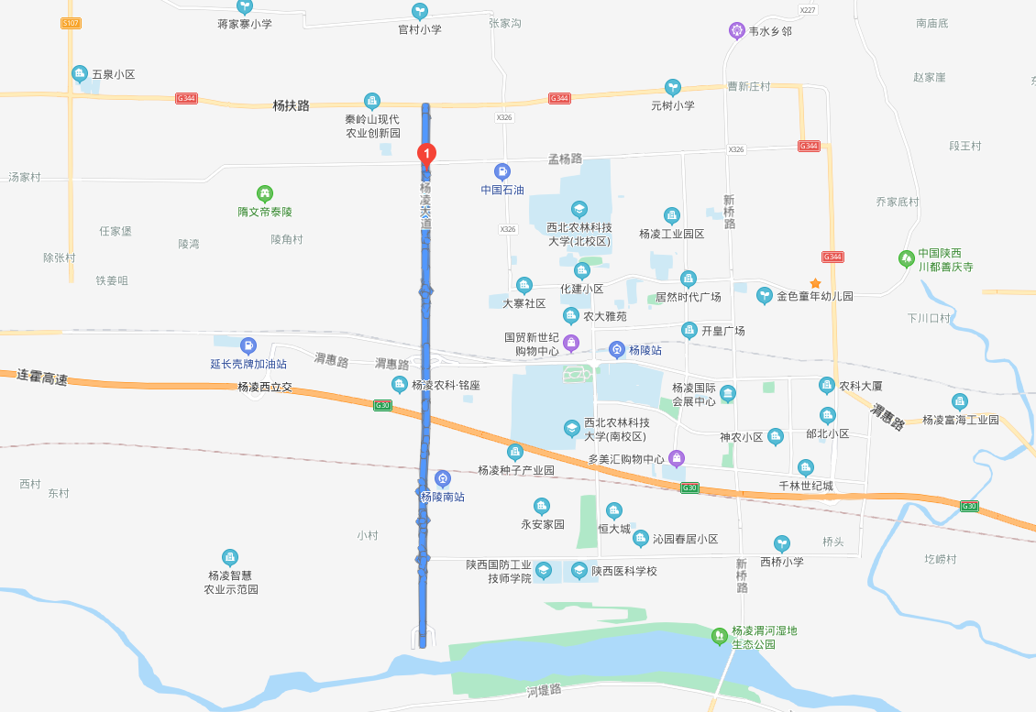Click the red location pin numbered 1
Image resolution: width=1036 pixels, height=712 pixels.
(426, 154)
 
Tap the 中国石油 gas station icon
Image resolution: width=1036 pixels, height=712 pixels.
(501, 171)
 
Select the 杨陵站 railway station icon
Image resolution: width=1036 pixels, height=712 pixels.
(617, 350)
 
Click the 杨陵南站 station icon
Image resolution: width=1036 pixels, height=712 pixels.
(443, 478)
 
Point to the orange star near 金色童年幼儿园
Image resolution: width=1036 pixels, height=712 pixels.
(815, 284)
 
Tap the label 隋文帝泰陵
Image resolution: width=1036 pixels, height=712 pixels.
(264, 212)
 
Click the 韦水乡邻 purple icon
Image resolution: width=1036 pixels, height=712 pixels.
(737, 30)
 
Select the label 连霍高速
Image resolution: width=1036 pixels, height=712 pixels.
(42, 377)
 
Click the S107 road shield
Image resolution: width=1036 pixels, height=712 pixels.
(71, 23)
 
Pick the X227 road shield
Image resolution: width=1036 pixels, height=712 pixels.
(807, 10)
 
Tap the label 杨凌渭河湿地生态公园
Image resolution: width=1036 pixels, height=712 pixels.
(764, 637)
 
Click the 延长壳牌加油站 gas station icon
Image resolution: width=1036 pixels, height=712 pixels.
(248, 345)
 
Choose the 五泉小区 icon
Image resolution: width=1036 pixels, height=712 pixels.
(80, 74)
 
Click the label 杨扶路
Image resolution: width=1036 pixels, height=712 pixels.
(291, 105)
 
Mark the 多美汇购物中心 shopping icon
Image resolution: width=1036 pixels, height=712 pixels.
(677, 458)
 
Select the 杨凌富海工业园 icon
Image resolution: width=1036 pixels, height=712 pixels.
(959, 401)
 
